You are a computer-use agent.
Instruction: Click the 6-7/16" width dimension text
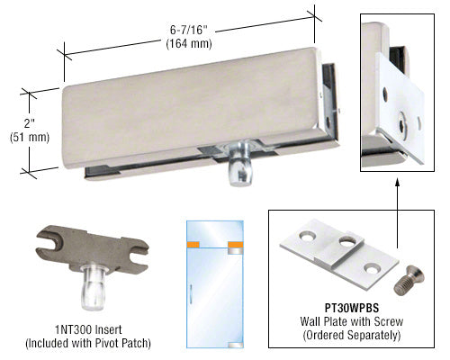click(189, 30)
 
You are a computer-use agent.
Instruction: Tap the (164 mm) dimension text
click(189, 44)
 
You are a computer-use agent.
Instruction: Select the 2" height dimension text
click(30, 123)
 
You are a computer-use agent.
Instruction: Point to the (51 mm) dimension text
click(30, 138)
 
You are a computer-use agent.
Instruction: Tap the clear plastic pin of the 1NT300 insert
click(93, 287)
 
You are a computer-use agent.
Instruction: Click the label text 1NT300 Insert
click(88, 330)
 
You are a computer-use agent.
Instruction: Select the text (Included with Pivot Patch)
click(88, 344)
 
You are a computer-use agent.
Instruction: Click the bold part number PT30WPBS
click(352, 308)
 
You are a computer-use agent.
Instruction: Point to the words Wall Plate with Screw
click(352, 321)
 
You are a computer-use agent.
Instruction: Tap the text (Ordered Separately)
click(352, 335)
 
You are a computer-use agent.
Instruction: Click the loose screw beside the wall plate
click(409, 280)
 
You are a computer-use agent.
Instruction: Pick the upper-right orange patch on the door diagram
click(236, 245)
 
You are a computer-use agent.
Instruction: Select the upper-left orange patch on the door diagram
click(193, 245)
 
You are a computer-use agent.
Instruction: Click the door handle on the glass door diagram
click(191, 293)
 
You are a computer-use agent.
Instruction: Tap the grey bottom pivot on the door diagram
click(236, 345)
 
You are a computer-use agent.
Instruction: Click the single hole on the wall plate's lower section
click(372, 268)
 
